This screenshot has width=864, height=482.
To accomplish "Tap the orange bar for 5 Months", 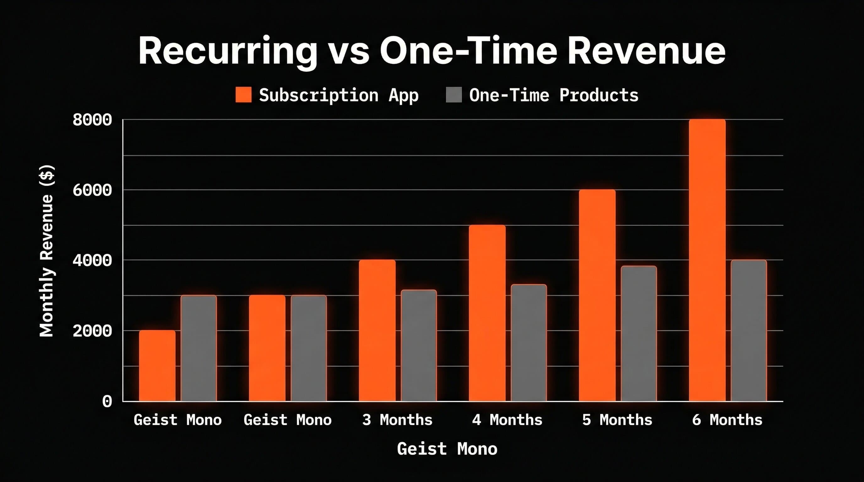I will [x=597, y=295].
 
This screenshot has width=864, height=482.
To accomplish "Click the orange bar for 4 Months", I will [x=487, y=313].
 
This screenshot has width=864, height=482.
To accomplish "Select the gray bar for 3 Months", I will [x=418, y=345].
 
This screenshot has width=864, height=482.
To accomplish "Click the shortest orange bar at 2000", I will [x=157, y=366].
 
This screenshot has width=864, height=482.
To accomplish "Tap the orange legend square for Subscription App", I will [x=243, y=94].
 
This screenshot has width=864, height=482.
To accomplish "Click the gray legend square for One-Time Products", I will [x=453, y=94].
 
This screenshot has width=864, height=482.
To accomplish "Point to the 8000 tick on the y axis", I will [x=92, y=120].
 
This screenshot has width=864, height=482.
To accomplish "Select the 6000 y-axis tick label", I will [x=92, y=190].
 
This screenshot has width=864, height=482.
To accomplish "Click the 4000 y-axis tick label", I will [x=92, y=260].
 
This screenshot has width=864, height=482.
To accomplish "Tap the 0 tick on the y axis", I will [x=107, y=401].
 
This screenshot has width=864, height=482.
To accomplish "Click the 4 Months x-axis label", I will [x=507, y=420].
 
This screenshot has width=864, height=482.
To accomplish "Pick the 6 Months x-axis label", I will [x=727, y=420].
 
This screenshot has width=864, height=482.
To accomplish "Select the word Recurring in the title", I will [x=227, y=51].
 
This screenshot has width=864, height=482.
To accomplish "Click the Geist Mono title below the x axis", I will [x=447, y=449].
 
